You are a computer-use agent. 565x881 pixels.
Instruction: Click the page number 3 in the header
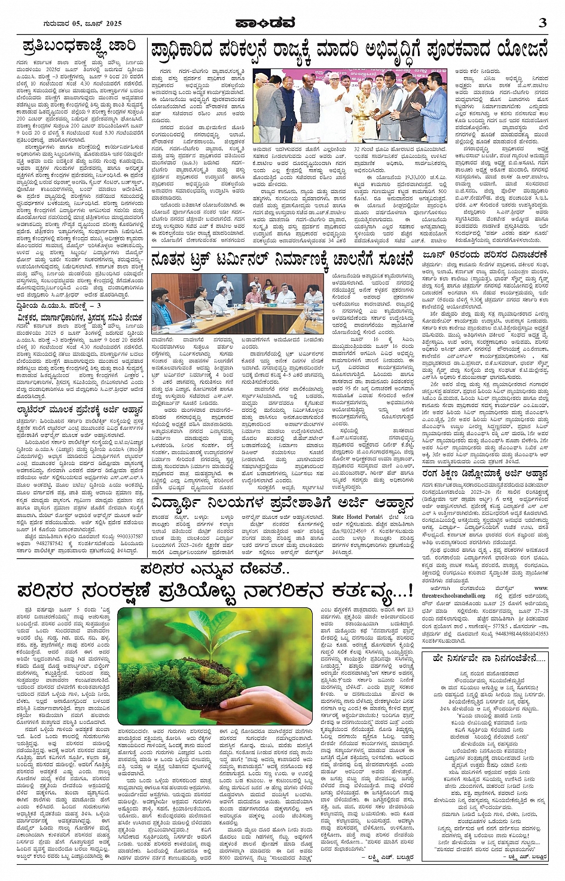(542, 23)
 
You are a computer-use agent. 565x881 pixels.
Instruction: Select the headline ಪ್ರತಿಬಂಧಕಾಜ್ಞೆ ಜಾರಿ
(79, 46)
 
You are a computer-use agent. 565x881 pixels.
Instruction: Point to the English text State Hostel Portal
(357, 516)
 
